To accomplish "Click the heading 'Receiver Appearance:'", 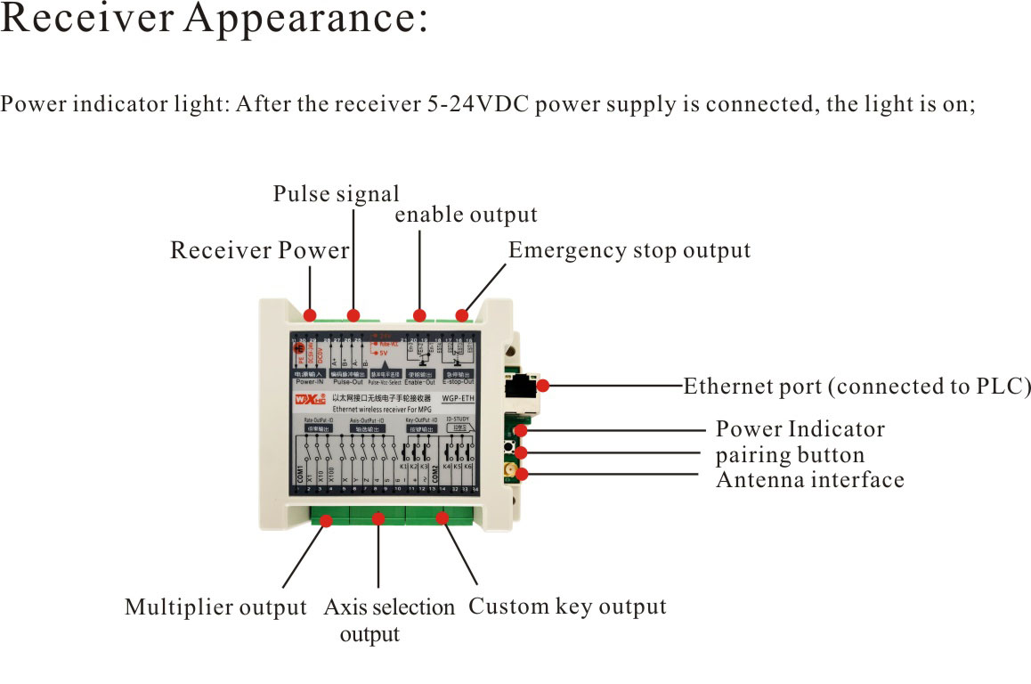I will click(215, 21).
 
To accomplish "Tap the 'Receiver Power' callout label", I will click(259, 251).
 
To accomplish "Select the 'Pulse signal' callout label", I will click(336, 194).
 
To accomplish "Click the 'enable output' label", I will click(466, 216).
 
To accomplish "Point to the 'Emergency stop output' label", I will click(629, 251).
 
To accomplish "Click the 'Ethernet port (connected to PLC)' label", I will click(856, 387).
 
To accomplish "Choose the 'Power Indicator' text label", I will click(800, 429).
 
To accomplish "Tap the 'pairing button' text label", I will click(789, 455).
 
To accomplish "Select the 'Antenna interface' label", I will click(809, 480).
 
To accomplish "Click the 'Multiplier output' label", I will click(215, 608).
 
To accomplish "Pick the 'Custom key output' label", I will click(567, 607).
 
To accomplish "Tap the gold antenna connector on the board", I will click(509, 469).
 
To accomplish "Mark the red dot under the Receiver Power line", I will click(310, 315).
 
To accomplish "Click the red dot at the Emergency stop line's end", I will click(462, 314).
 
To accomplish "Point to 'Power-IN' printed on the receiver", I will click(307, 381).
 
